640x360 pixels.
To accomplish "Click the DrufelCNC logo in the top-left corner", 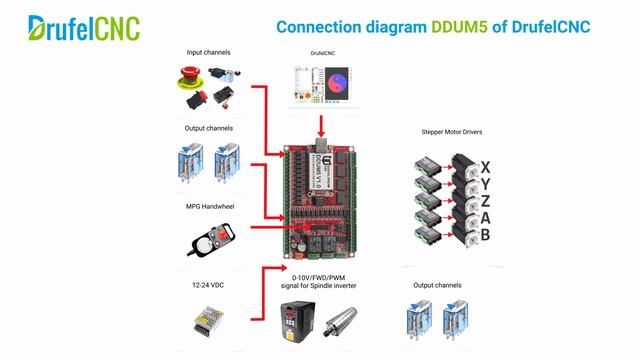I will [84, 27].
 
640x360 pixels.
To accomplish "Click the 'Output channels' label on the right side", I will [438, 285].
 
